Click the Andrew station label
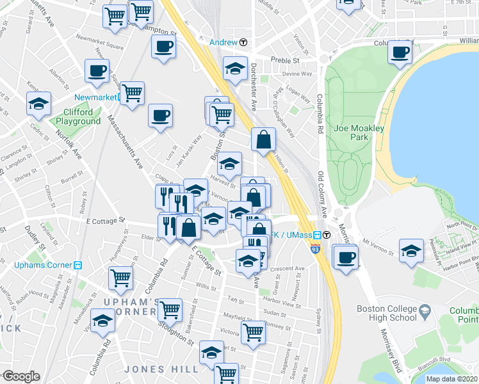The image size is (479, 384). [x=224, y=42]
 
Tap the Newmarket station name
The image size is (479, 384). [x=96, y=97]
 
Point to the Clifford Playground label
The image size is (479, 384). [x=78, y=116]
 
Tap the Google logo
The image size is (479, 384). [x=20, y=376]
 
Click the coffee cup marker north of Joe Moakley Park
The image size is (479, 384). [x=401, y=52]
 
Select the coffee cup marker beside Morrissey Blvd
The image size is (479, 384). [x=346, y=257]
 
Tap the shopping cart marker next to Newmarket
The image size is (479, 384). [x=133, y=93]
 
